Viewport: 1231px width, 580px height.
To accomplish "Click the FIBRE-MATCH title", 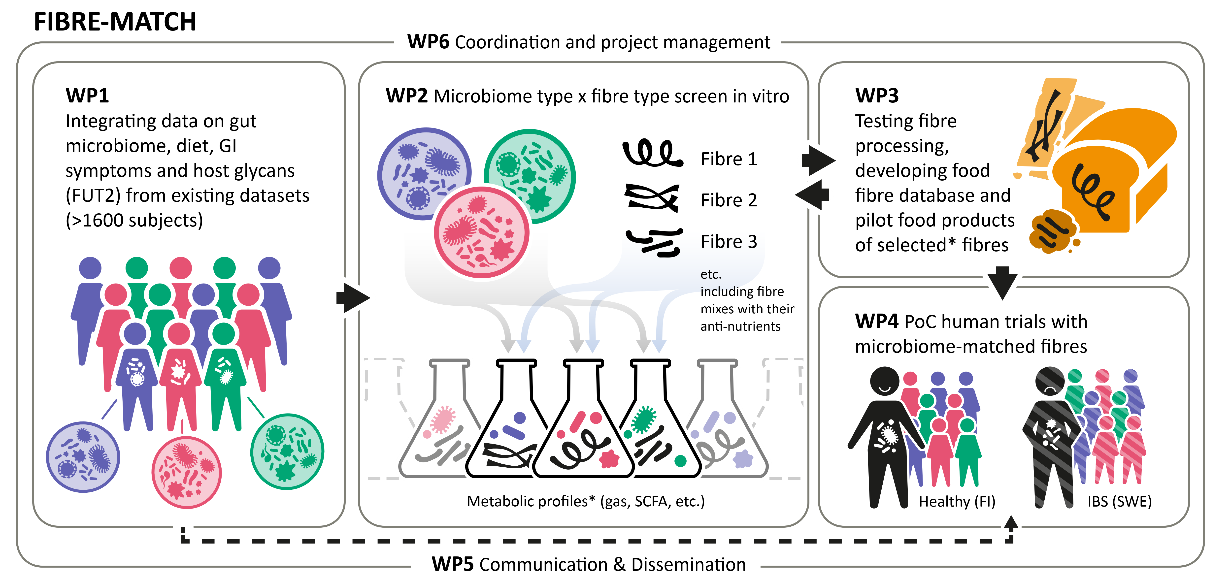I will [x=115, y=22].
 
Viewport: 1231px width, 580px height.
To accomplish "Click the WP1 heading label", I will [x=87, y=96].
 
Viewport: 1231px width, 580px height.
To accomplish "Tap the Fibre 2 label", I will [x=729, y=200].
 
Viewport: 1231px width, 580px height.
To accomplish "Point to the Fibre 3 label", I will [x=729, y=242].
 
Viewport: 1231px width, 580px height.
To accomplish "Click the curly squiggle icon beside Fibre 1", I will [x=652, y=153].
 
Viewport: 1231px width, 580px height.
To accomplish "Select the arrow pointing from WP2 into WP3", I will [x=818, y=160].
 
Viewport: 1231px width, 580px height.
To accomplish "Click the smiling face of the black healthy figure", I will [x=885, y=381].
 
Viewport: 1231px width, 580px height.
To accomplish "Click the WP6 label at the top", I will [x=428, y=42].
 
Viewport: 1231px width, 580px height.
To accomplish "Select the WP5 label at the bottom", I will [x=452, y=564].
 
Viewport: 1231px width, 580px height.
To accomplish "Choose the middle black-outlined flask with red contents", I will [x=583, y=430].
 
